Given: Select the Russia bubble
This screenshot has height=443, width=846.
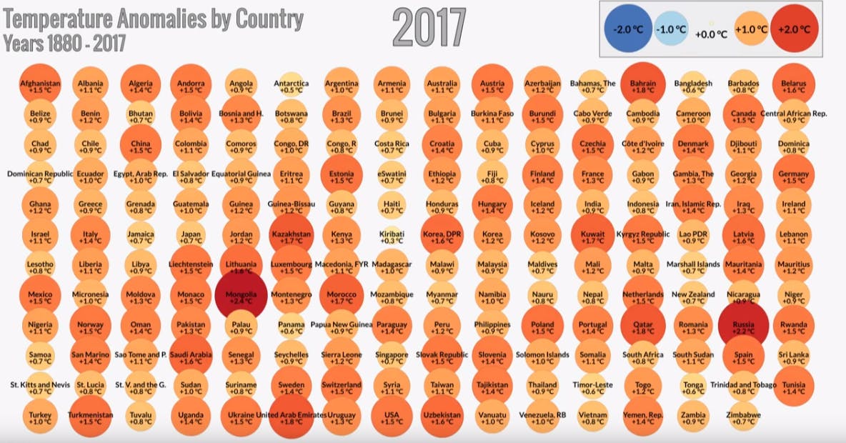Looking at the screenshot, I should coord(743,327).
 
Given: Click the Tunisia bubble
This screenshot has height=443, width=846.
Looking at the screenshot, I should coord(793,387).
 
